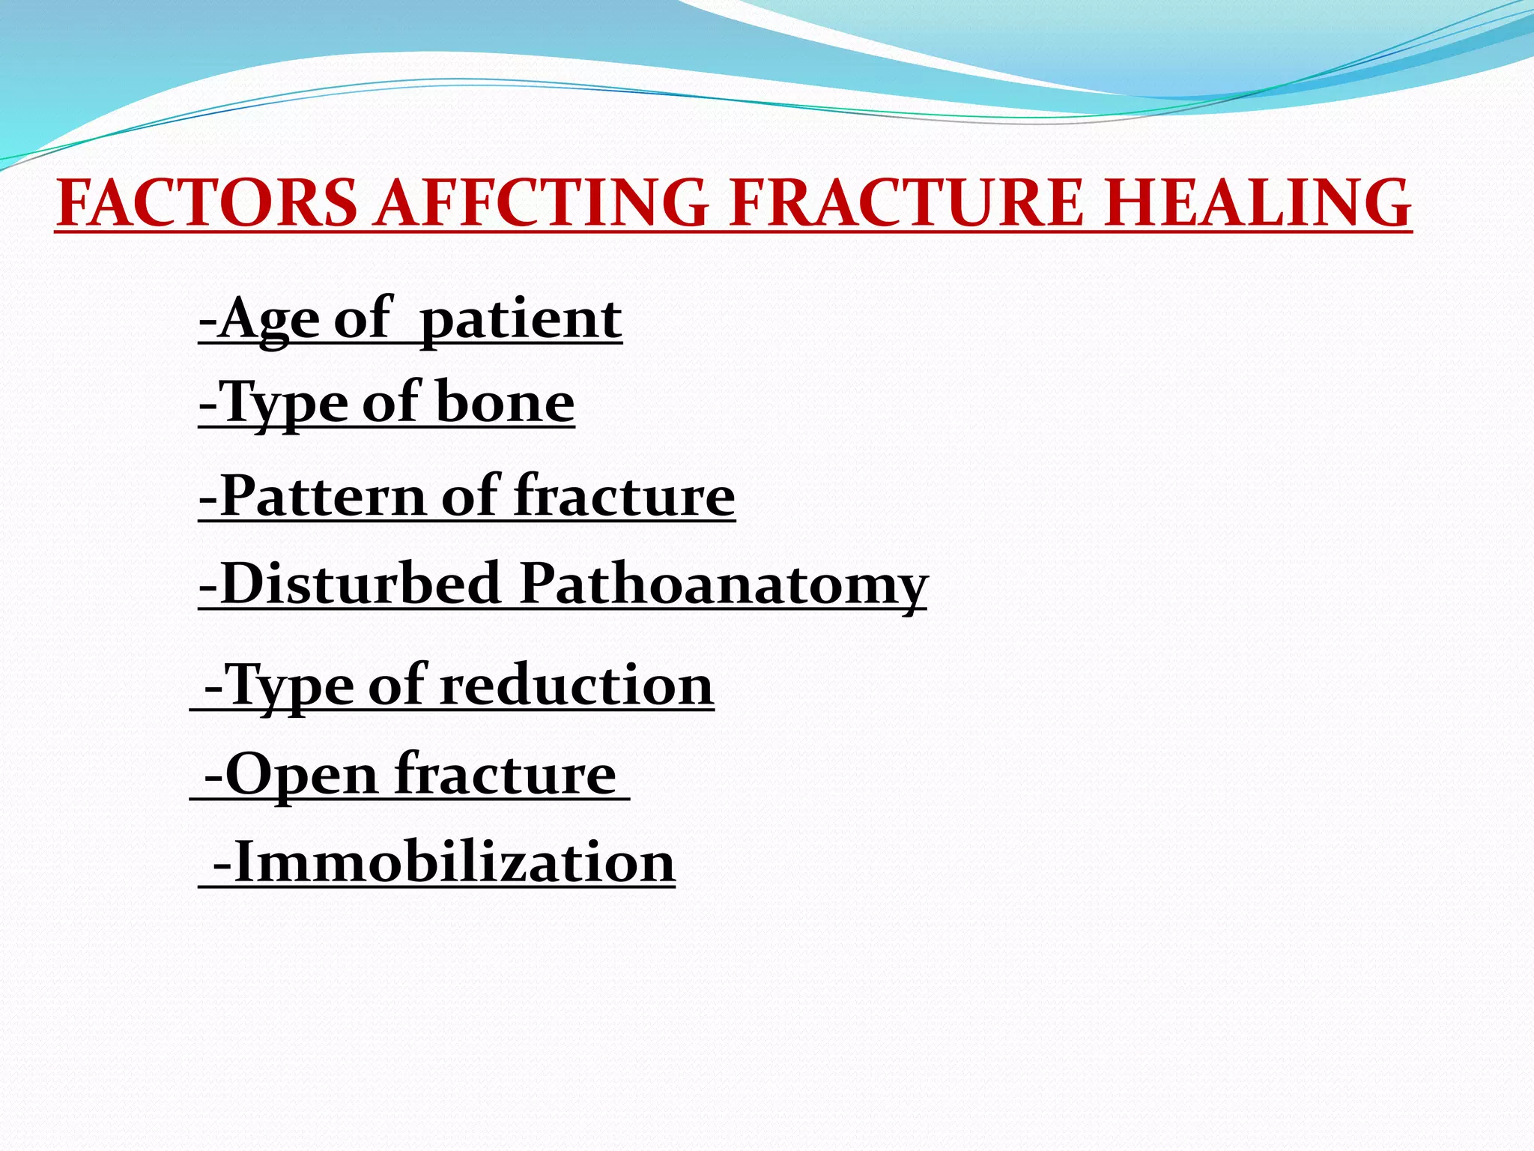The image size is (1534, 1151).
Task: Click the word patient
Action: tap(521, 320)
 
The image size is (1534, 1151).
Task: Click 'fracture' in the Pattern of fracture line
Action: tap(625, 496)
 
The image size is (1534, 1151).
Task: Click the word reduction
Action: tap(576, 685)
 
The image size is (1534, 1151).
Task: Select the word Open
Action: tap(301, 775)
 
